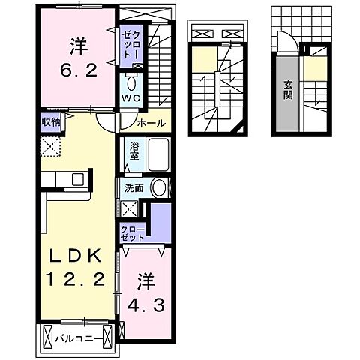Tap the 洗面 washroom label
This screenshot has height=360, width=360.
134,189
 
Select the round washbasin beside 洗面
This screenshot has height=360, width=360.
158,189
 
